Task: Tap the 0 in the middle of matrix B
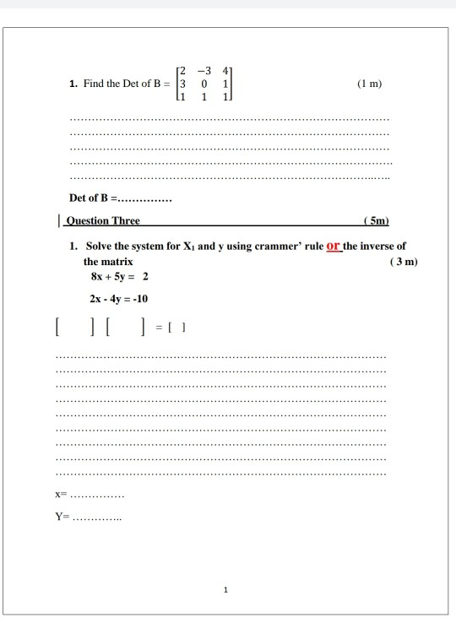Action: click(205, 84)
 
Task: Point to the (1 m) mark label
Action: click(370, 84)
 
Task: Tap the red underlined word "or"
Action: click(333, 246)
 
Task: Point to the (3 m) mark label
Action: click(404, 262)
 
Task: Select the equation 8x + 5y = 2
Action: click(120, 277)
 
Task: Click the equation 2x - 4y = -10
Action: click(119, 299)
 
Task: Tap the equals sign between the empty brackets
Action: click(160, 326)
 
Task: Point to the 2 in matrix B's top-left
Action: click(181, 71)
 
